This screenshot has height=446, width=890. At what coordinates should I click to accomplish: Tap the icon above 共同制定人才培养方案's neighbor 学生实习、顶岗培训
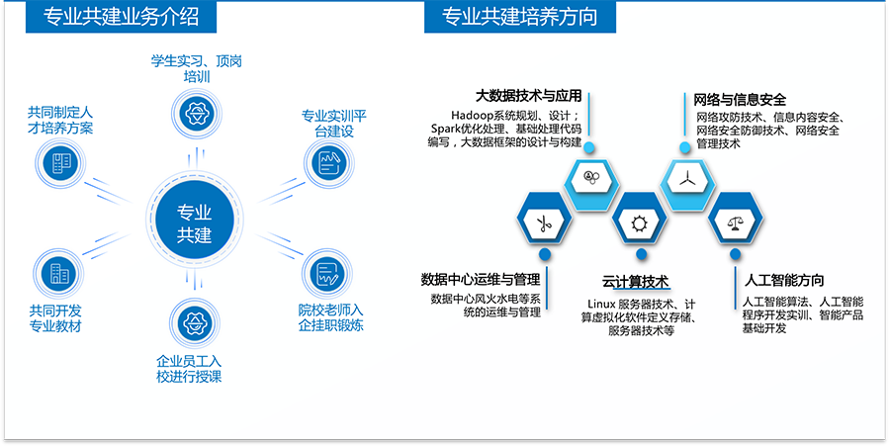coord(197,113)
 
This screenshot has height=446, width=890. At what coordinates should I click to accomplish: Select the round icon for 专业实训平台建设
coord(329,163)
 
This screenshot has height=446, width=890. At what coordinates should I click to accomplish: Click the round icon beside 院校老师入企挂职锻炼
coord(327,274)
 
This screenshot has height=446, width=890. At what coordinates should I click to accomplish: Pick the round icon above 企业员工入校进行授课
coord(195,323)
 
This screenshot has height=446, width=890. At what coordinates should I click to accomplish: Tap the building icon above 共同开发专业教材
coord(58,274)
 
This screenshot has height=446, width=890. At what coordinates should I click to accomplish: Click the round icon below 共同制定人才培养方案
coord(60,164)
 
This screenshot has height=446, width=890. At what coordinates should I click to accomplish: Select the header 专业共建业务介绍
coord(122,17)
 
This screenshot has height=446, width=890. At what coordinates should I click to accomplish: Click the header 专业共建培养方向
coord(520,17)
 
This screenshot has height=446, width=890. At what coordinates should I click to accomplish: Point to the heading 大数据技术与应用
coord(528,95)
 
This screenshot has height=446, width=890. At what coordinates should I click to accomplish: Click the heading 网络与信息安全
coord(740,101)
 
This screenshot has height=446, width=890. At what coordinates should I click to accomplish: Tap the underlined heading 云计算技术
coord(636,282)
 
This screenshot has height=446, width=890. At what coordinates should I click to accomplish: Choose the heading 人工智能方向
coord(784,280)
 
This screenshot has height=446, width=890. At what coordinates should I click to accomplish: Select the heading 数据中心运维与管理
coord(481,279)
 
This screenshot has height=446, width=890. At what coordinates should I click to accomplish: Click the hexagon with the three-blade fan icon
coord(687,180)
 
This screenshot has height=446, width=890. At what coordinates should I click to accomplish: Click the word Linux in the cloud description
coord(601,305)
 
